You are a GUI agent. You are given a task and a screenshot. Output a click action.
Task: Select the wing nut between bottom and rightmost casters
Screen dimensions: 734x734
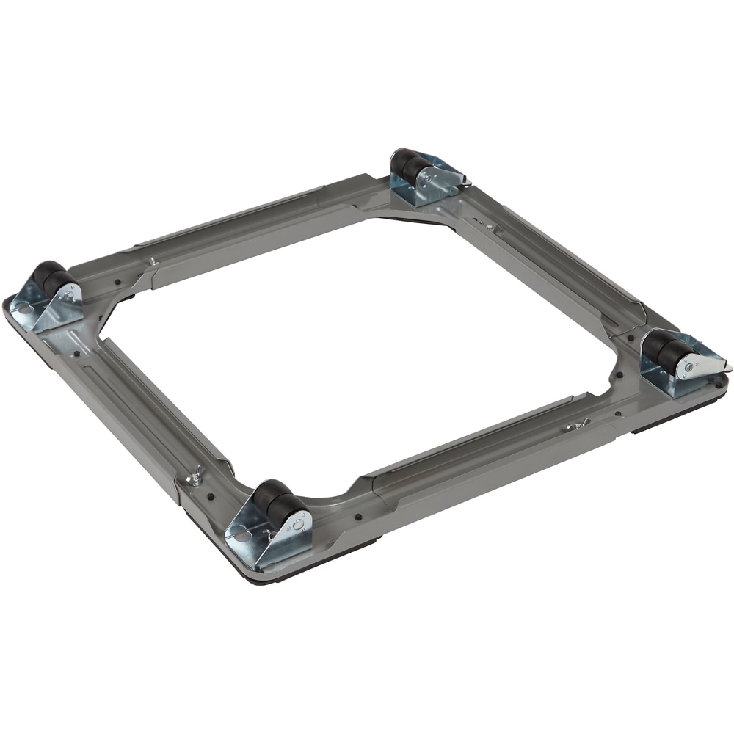(578, 424)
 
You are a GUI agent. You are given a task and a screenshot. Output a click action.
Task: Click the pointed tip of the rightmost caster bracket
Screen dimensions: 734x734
(729, 365)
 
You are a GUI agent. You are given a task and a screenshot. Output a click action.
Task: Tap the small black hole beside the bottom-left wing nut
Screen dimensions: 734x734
(211, 497)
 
